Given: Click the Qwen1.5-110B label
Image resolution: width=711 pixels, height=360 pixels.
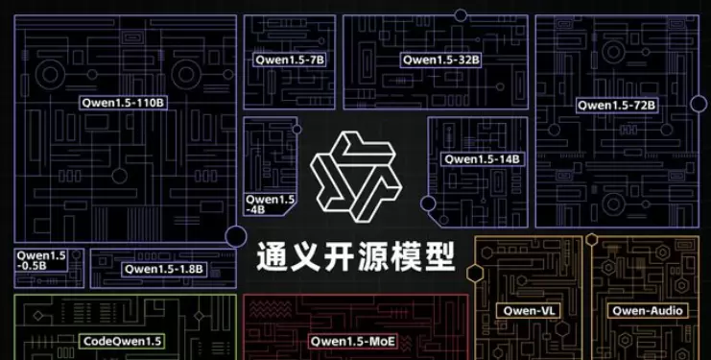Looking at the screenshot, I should click(x=124, y=100).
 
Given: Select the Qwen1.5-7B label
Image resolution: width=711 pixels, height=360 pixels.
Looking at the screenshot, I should click(x=290, y=60).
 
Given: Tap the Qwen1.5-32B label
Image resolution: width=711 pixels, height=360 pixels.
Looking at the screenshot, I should click(x=440, y=60).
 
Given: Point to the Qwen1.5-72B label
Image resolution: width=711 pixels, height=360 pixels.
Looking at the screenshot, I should click(x=616, y=104).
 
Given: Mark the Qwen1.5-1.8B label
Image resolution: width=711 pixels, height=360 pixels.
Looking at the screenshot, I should click(x=163, y=269).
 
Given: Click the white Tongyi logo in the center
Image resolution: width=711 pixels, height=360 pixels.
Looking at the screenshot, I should click(x=354, y=174).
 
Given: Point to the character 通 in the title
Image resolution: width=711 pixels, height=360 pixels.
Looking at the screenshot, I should click(x=273, y=254).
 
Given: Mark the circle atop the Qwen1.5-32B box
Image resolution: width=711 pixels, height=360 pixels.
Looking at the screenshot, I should click(x=461, y=15).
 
